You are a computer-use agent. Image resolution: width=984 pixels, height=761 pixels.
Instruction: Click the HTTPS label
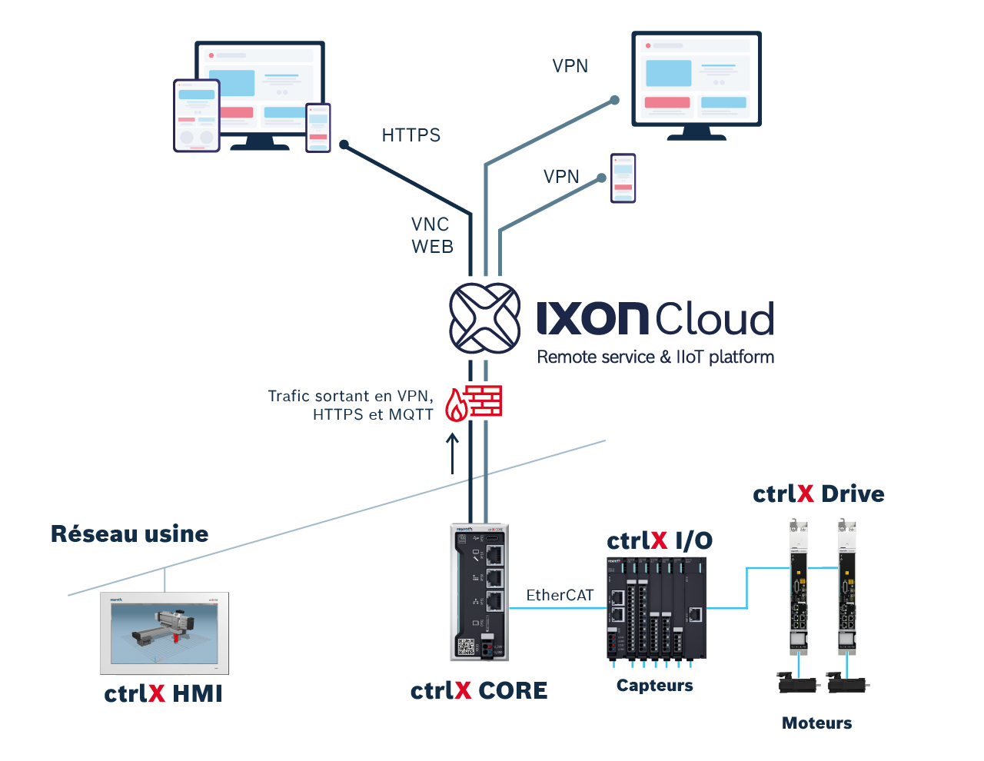pos(411,135)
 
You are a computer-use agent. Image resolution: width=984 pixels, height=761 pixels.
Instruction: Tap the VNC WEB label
pos(432,235)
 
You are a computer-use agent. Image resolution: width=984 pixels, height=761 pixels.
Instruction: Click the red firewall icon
pos(474,403)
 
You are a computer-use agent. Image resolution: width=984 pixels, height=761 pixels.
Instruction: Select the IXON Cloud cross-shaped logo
pos(484,318)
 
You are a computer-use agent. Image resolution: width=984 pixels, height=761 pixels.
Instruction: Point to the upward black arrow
pos(453,454)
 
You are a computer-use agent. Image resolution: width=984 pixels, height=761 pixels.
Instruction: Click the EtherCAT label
pos(560,595)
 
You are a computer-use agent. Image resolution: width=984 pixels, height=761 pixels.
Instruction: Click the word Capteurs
pos(655,686)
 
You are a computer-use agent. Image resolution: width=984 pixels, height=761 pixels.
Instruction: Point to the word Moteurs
pos(816,723)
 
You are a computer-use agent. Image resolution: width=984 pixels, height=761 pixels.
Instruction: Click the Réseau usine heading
pos(130,533)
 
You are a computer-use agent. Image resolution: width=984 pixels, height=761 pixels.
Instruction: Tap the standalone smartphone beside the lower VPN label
pos(623,178)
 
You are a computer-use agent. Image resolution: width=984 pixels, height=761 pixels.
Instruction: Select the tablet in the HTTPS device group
pos(197,115)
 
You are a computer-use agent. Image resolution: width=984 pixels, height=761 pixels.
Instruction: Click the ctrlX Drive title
pos(819,493)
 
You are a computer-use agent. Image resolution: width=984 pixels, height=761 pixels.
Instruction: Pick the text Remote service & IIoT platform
pos(655,357)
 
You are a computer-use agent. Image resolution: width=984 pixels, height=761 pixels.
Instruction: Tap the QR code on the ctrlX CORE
pos(466,646)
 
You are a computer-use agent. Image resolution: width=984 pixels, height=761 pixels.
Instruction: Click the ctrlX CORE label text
pos(479,690)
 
